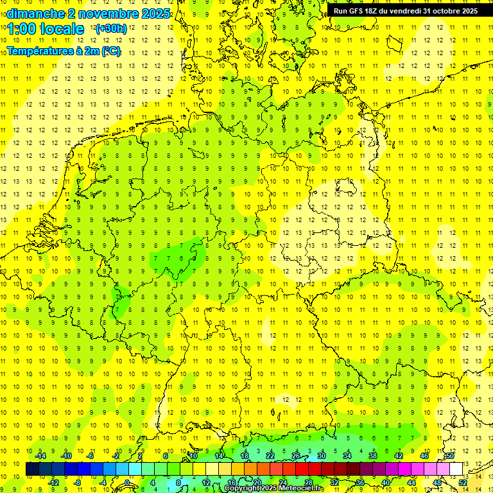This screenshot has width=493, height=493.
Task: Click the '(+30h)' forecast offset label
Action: coord(110,29)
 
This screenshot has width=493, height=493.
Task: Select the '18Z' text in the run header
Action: coord(376,11)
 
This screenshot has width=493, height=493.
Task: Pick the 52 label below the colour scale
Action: coord(463,482)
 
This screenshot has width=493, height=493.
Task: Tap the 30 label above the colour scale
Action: coord(321,456)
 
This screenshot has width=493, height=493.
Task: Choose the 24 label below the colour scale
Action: coord(282,482)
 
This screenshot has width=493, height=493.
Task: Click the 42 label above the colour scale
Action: coord(398,456)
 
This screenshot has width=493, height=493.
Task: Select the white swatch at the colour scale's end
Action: coord(456,469)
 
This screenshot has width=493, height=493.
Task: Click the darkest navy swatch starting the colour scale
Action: coord(32,469)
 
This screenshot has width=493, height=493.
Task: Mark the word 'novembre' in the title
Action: coord(102,13)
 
